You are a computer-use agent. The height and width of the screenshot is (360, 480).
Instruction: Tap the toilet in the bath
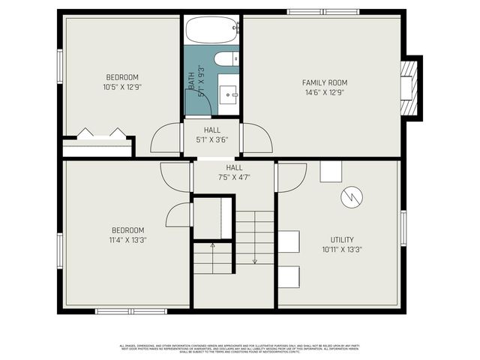tap(225, 58)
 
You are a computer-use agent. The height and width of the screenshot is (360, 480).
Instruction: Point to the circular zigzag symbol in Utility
tap(351, 197)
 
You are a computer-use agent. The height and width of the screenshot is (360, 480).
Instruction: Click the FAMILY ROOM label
tap(325, 82)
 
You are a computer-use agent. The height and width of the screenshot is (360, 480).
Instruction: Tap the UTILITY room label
tap(342, 240)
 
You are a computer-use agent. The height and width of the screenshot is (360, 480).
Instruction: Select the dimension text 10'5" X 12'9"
tap(121, 87)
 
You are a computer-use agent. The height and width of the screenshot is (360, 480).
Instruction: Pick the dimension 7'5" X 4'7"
tap(234, 177)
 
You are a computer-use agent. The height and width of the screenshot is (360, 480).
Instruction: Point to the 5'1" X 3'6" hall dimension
tap(211, 139)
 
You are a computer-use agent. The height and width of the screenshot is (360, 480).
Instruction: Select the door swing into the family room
tap(257, 139)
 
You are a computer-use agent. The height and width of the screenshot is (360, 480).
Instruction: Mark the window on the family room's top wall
tap(323, 11)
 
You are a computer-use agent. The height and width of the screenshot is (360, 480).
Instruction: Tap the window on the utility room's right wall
tap(403, 229)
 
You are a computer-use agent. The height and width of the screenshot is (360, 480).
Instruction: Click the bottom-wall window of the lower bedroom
tap(130, 310)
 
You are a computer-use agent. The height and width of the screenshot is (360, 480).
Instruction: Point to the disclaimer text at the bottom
tap(240, 348)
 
